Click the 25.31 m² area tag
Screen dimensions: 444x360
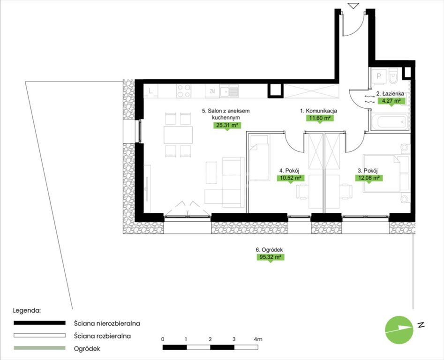(x=227, y=125)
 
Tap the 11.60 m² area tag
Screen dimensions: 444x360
(x=320, y=118)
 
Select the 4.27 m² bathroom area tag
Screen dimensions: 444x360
(x=391, y=101)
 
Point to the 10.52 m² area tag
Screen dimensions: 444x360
(x=291, y=178)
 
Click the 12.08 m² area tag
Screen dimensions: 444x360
(x=369, y=178)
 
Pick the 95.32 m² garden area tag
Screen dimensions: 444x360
(x=271, y=257)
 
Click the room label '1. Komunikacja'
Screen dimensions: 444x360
(x=318, y=111)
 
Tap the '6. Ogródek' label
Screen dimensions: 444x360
(x=269, y=250)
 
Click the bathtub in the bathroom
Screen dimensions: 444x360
(x=390, y=122)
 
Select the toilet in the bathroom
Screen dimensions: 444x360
(x=393, y=75)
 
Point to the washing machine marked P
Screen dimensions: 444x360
(x=378, y=76)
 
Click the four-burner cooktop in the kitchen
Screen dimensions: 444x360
(x=184, y=91)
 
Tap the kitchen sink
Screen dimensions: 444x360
(x=229, y=91)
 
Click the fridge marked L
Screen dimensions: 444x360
(x=151, y=91)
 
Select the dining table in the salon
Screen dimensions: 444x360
(x=178, y=135)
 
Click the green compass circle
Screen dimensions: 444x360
(x=399, y=330)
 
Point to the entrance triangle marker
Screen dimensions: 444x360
(x=354, y=6)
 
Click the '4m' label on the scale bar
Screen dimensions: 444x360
(x=258, y=339)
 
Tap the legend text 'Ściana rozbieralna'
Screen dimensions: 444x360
(x=102, y=336)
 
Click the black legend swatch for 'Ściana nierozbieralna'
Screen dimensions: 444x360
(x=40, y=323)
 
